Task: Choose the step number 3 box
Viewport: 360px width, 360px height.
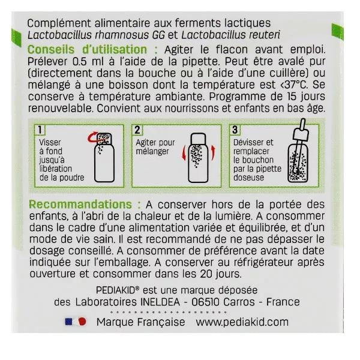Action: click(235, 130)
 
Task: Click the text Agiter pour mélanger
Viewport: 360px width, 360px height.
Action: click(155, 148)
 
